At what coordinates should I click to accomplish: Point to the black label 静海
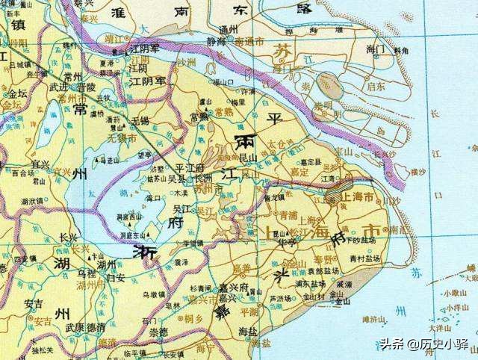tap(215, 43)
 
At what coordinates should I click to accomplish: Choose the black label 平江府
tap(189, 169)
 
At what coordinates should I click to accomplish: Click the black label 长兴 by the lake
tap(69, 238)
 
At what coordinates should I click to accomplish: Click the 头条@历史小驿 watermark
tap(421, 344)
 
